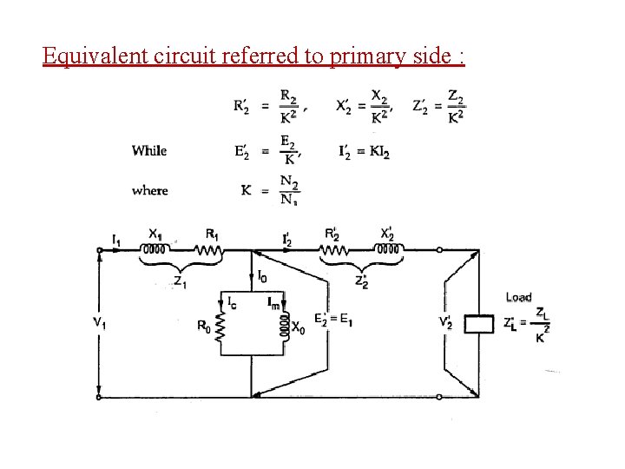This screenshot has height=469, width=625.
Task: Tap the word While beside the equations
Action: click(x=149, y=150)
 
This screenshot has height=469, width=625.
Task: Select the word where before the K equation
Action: click(x=149, y=190)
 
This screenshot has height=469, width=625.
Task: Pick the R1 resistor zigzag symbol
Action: click(x=209, y=251)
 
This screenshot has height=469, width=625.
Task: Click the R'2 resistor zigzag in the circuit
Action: click(x=335, y=251)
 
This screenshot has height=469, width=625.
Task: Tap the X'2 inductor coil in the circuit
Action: click(x=388, y=251)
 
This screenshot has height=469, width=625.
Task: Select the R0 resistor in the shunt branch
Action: click(x=221, y=327)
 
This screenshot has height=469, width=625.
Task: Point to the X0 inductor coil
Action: click(x=284, y=327)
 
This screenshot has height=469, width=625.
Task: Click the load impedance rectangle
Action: click(x=478, y=324)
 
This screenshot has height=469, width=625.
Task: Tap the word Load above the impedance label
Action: click(x=518, y=297)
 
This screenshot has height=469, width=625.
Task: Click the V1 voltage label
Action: click(x=101, y=323)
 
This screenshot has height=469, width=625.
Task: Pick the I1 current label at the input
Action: click(x=116, y=236)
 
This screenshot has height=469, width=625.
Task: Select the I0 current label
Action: click(x=262, y=275)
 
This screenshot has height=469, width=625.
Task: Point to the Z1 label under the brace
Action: click(x=179, y=281)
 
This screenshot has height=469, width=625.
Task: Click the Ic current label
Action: click(x=231, y=302)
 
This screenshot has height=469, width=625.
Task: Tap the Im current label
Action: click(x=274, y=302)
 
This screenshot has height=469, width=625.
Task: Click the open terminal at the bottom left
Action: click(x=99, y=396)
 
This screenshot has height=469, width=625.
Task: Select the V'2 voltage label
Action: click(x=445, y=323)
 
